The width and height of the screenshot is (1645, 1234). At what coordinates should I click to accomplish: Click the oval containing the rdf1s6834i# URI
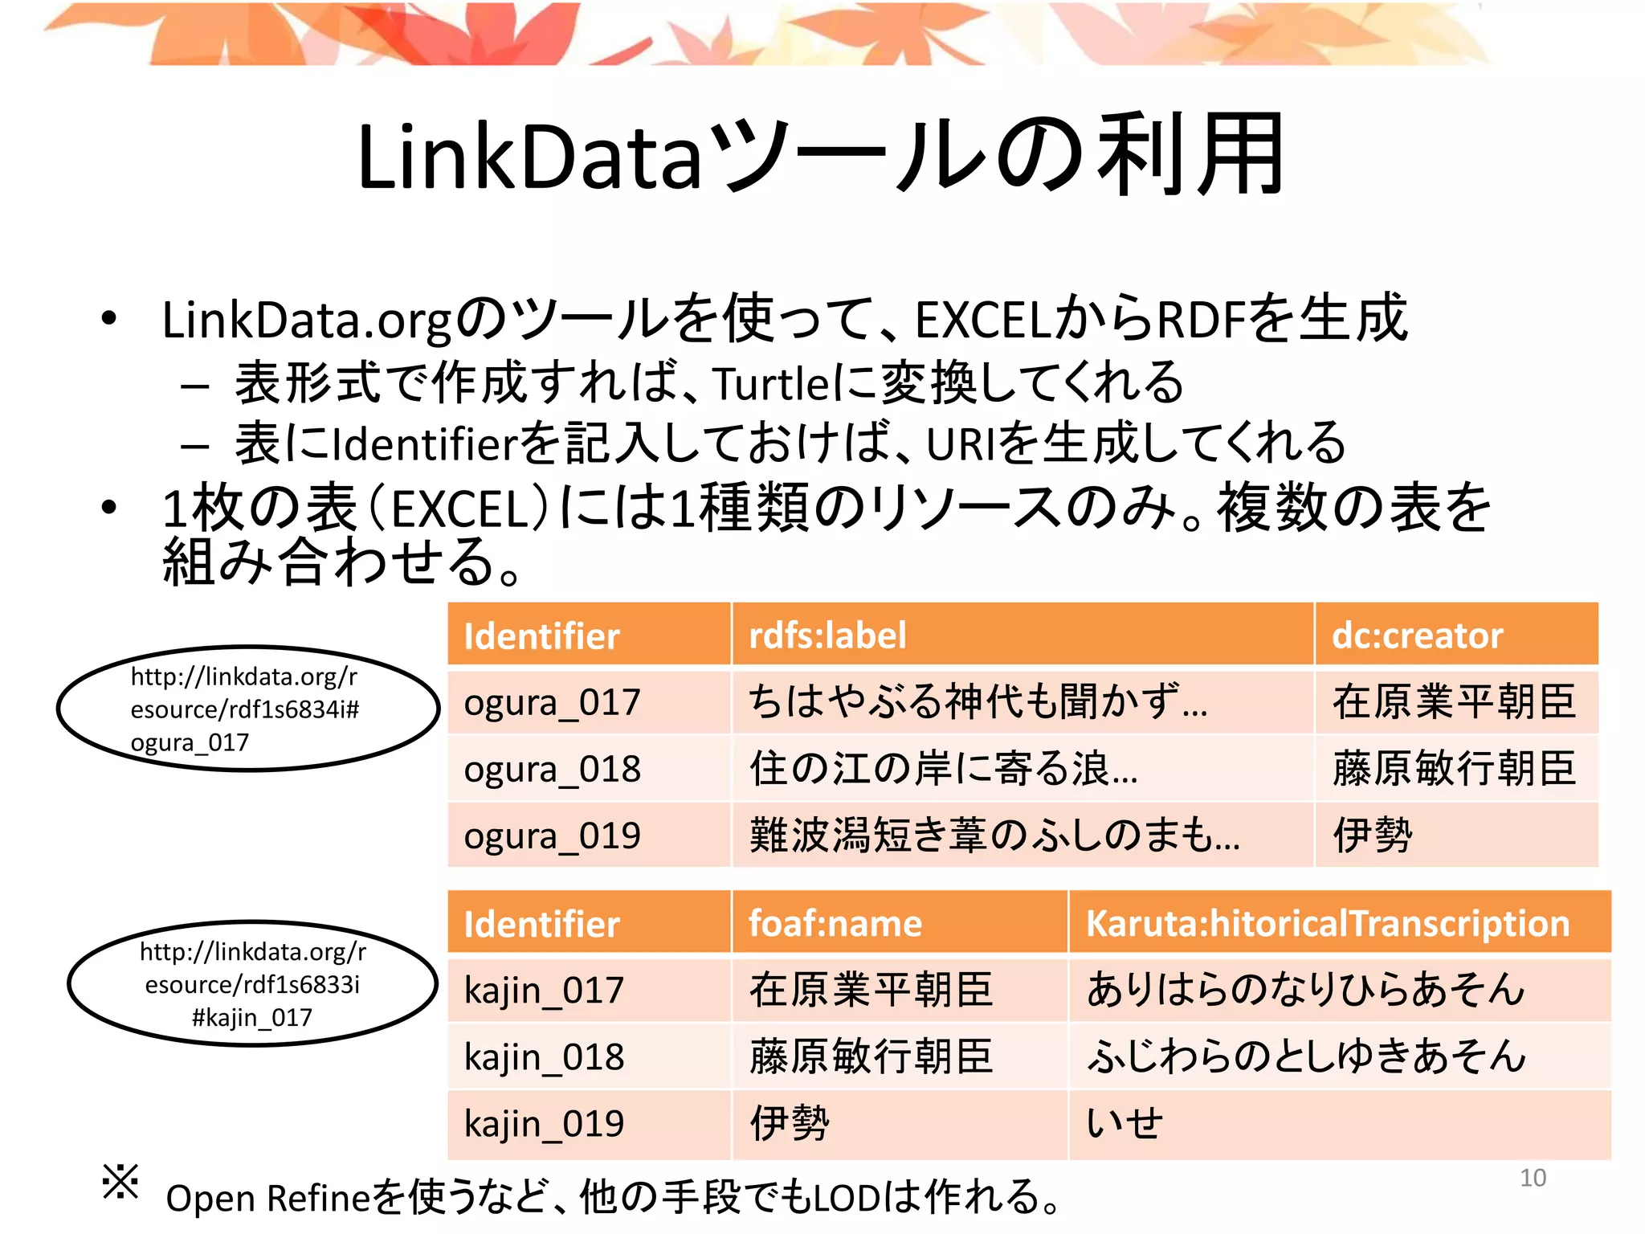click(247, 709)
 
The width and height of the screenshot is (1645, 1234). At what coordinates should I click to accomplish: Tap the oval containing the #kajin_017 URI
click(252, 983)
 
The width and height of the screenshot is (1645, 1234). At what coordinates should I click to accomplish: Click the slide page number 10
click(1533, 1178)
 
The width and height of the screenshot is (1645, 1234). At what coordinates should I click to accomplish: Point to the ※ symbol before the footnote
click(120, 1182)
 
